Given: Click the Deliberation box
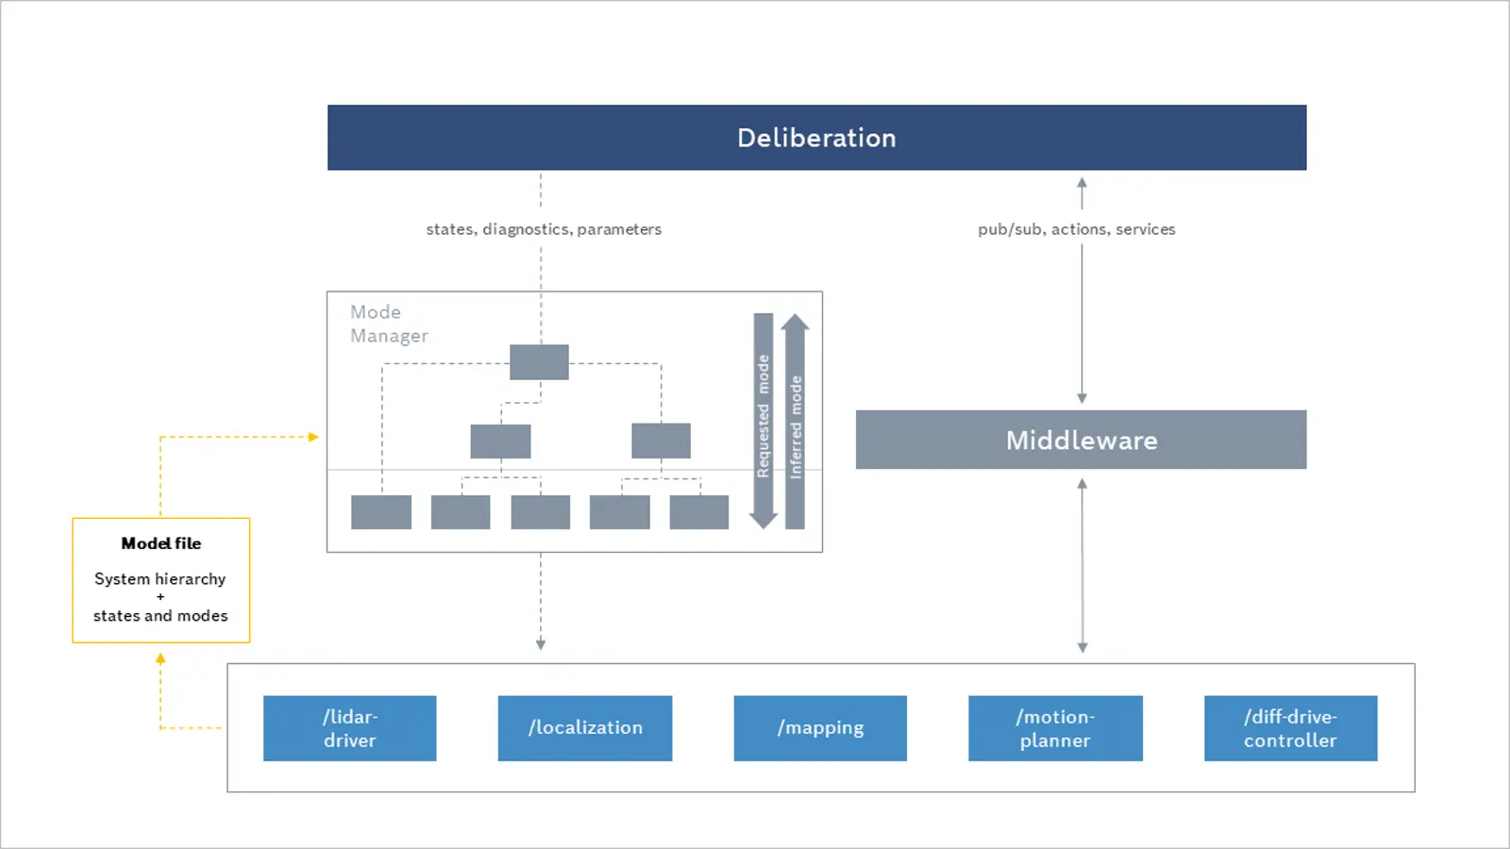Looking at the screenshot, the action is pos(816,138).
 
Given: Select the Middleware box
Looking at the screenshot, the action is pos(1082,440).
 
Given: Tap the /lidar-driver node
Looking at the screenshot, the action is pos(350,728).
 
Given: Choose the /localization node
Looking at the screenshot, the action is pos(585,728).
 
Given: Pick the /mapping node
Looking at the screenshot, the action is pos(820,728).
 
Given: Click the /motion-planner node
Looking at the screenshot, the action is pos(1056,728).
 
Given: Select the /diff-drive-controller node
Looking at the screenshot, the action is pos(1291,728).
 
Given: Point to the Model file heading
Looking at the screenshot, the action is pos(161,543).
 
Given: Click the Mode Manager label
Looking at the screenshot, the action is pos(389,324).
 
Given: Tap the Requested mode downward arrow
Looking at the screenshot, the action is pos(763,421).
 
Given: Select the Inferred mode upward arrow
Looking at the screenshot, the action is pos(796,421).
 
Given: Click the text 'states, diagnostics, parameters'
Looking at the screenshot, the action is pos(544,229).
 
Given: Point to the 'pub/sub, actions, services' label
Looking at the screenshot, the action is pos(1077,229).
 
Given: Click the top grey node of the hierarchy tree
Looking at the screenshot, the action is pos(539,362).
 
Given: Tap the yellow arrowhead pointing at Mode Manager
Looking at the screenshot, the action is pos(313,438).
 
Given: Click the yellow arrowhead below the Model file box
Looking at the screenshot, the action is pos(160,659).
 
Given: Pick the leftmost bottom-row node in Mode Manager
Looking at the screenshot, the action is pos(381,512).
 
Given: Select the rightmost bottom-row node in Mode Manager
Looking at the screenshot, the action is pos(699,512).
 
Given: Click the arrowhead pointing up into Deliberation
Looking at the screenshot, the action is pos(1082,183).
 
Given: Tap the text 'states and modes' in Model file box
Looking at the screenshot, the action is pos(160,616).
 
